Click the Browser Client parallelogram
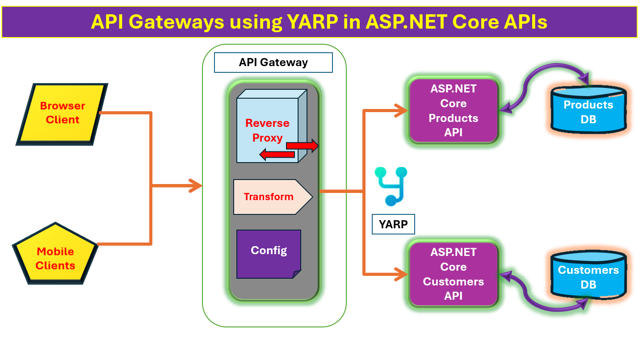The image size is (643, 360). (62, 114)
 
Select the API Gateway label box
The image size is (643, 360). (273, 63)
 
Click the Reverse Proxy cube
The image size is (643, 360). (272, 126)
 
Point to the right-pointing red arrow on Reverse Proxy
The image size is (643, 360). (302, 146)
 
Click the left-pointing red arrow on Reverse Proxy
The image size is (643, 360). (277, 155)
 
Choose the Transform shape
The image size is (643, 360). (273, 197)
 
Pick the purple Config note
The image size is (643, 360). (269, 254)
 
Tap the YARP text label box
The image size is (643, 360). (393, 224)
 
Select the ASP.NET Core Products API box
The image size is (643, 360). (454, 111)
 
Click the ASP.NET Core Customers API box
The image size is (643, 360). (454, 274)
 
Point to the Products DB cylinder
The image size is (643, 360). (588, 109)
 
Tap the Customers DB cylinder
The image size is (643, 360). (588, 275)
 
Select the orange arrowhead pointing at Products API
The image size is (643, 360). (401, 111)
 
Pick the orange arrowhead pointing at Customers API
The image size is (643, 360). (401, 275)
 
